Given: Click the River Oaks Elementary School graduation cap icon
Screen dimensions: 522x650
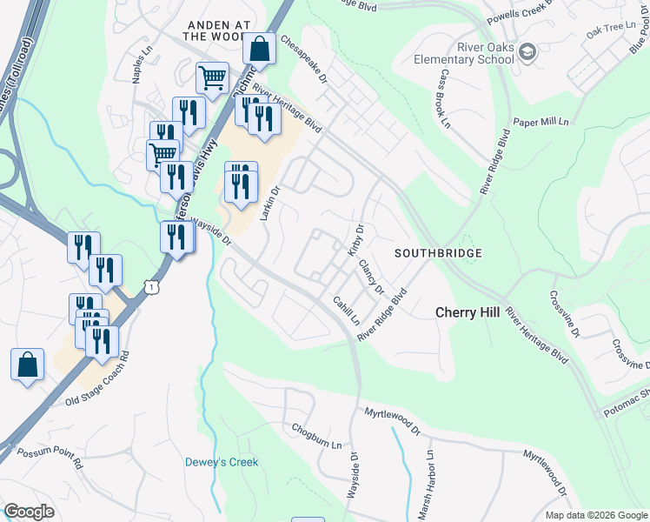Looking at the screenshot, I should [527, 54].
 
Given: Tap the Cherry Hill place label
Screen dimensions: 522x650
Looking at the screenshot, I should [468, 312].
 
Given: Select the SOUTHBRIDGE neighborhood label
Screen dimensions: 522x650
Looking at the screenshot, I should [438, 253].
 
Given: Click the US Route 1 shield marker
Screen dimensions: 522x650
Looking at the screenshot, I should [153, 285].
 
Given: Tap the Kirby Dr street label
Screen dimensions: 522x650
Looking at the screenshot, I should [355, 240].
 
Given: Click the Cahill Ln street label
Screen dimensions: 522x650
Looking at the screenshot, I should [346, 310].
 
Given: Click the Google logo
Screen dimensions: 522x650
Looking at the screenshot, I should [29, 512].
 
